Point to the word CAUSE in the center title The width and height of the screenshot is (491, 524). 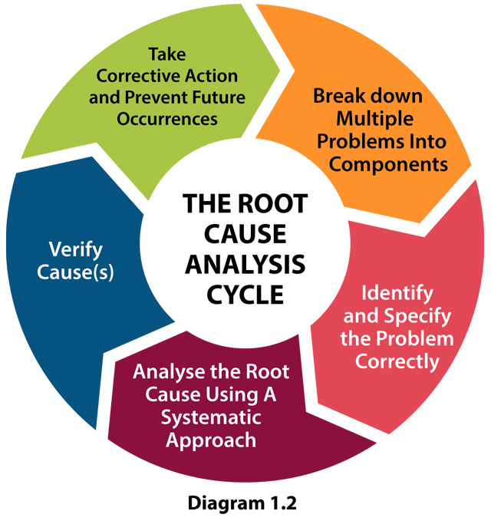245,235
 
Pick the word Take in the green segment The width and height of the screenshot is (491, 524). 166,55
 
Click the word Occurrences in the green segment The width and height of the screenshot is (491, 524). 166,119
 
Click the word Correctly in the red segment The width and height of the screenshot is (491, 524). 397,360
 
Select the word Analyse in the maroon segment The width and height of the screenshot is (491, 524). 166,373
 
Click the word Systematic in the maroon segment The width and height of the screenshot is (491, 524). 211,418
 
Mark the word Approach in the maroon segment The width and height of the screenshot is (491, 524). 211,440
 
